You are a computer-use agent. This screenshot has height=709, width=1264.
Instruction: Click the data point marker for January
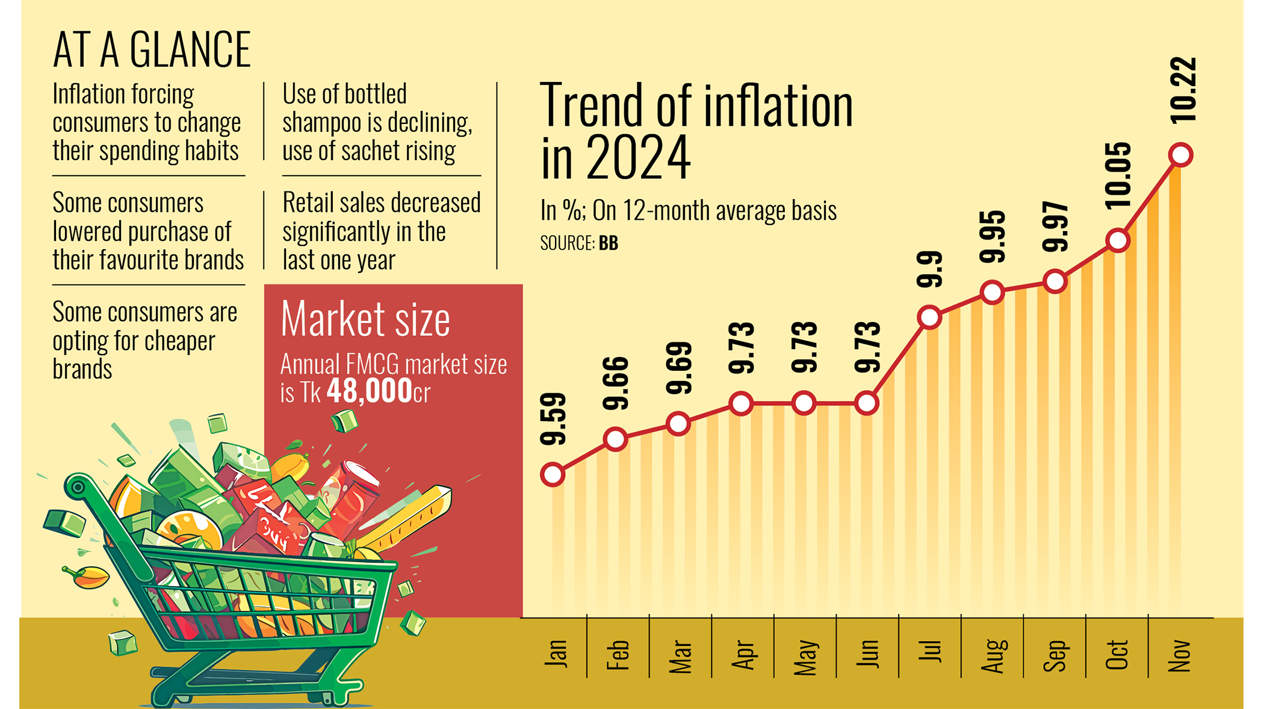click(553, 474)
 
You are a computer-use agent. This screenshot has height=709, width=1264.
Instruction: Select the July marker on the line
click(929, 317)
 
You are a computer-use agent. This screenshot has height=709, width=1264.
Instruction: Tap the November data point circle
click(1180, 155)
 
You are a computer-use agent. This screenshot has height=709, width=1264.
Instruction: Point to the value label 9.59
click(553, 419)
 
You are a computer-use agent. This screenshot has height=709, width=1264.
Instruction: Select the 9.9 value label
click(929, 269)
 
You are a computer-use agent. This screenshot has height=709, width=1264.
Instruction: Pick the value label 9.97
click(1056, 227)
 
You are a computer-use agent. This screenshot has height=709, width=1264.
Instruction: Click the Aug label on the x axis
click(993, 655)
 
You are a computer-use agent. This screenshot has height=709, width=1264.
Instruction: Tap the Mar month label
click(680, 656)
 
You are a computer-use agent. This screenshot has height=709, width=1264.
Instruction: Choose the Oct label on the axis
click(1117, 655)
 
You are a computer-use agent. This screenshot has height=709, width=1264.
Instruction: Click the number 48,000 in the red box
click(370, 392)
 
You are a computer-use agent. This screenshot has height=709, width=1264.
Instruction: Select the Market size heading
click(365, 319)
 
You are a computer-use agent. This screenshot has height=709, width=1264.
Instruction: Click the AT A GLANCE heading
click(152, 50)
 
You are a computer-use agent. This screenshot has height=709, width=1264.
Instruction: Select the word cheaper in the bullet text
click(179, 341)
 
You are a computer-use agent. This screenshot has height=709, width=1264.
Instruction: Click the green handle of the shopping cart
click(79, 487)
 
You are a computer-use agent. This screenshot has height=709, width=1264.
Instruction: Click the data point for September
click(1055, 282)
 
